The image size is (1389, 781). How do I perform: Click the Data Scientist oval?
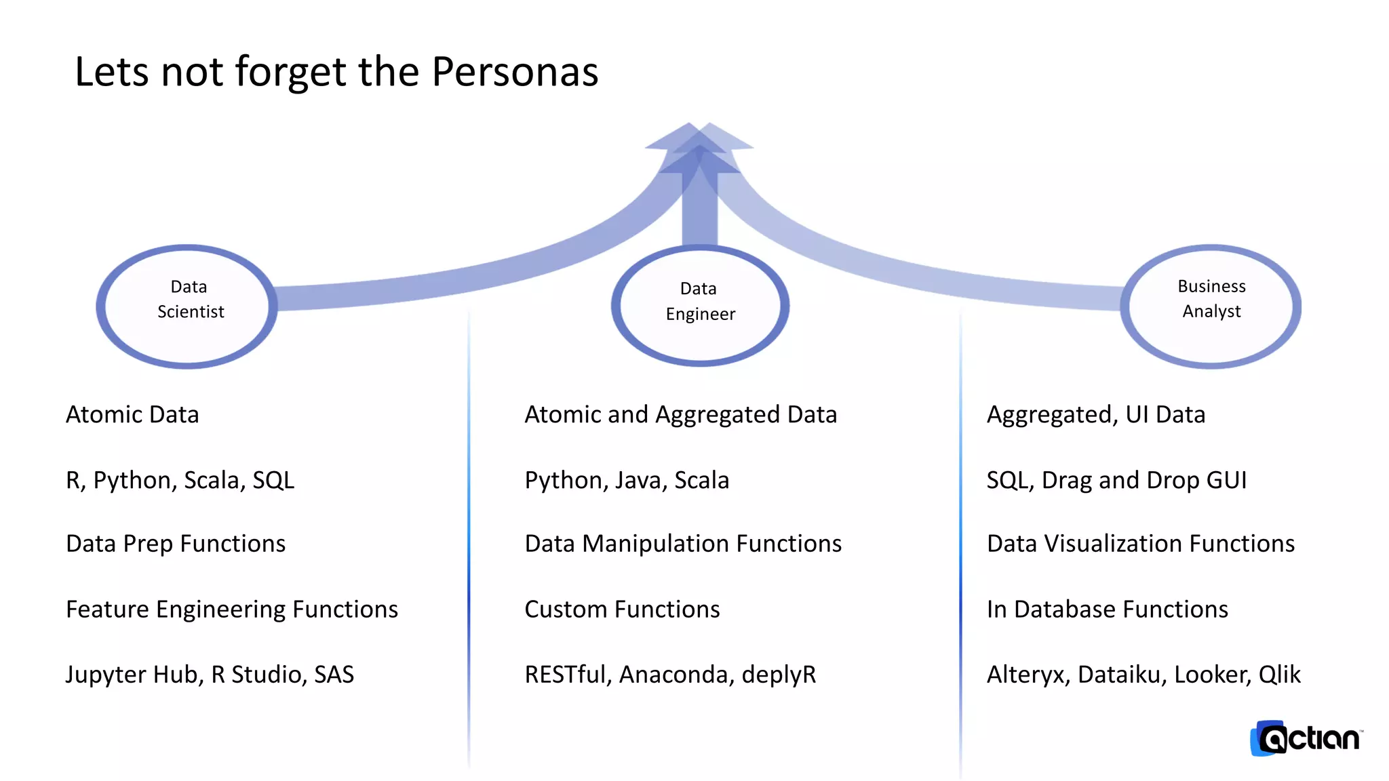(x=187, y=306)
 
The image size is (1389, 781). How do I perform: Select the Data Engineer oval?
(x=700, y=305)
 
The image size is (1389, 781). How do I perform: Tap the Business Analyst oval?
(x=1211, y=306)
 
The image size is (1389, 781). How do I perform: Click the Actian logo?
(x=1306, y=738)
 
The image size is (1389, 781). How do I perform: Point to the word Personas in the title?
(x=515, y=72)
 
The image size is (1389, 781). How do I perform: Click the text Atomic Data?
(x=132, y=414)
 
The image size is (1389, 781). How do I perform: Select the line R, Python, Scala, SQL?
(x=180, y=480)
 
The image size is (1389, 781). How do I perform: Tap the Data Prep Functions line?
(x=176, y=544)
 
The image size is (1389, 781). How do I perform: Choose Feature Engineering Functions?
(x=232, y=609)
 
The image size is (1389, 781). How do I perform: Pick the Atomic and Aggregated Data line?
(x=681, y=414)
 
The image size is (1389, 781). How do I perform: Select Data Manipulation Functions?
(x=683, y=544)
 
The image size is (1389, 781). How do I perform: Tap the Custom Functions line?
(x=622, y=609)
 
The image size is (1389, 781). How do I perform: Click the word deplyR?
(x=779, y=675)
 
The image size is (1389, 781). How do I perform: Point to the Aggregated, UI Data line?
(x=1096, y=414)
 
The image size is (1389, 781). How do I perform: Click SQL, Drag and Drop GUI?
(x=1116, y=480)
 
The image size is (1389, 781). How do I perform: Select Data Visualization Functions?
(x=1141, y=544)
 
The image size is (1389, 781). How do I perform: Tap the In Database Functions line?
(x=1108, y=609)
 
